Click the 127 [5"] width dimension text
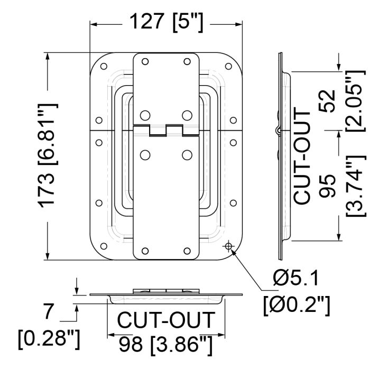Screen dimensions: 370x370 [166, 22]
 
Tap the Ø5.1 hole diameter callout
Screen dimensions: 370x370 [295, 278]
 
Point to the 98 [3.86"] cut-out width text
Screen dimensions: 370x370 [165, 344]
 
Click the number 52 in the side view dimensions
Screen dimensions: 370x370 [327, 101]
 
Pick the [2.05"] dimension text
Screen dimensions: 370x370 [356, 101]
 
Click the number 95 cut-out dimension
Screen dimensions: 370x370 [327, 186]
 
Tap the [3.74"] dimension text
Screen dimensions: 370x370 [356, 186]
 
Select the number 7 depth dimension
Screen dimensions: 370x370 [49, 311]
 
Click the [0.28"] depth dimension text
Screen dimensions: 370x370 [49, 339]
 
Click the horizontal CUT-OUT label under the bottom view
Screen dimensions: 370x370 [166, 320]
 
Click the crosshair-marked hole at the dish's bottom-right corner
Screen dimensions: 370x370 [228, 246]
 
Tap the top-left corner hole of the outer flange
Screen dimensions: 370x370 [104, 66]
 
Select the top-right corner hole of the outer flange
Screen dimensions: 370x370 [228, 66]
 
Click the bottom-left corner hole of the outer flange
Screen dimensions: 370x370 [104, 246]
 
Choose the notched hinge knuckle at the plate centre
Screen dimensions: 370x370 [166, 130]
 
